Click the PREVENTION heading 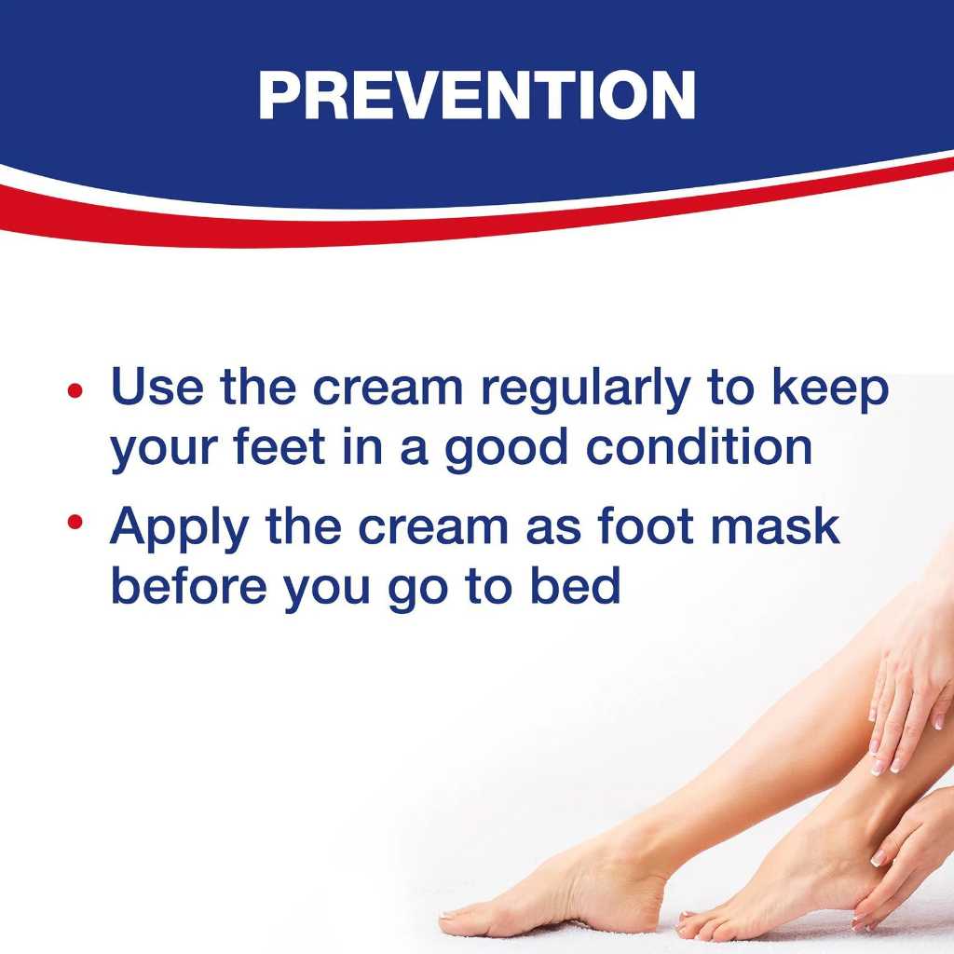pos(476,94)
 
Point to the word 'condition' pos(699,447)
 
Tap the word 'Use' pos(157,387)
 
